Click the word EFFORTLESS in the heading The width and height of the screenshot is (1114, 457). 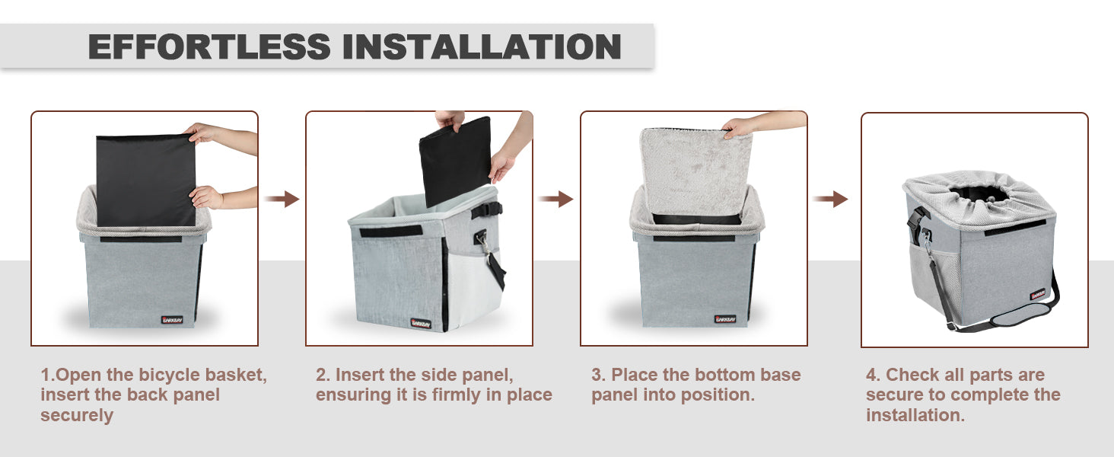point(209,46)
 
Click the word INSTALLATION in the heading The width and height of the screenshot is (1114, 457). point(482,46)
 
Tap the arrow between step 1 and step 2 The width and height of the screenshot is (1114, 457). point(282,199)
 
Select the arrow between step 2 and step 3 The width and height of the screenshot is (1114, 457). point(556,199)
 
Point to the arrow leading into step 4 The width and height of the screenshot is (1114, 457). point(830,199)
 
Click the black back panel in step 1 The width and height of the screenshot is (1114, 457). point(145,181)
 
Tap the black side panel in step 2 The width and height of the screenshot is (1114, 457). point(455,161)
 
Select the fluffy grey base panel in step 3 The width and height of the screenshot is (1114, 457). point(696,171)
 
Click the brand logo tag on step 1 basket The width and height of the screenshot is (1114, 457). point(173,320)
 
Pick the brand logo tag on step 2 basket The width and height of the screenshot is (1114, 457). point(421,324)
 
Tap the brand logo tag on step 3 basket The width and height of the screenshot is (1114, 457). point(725,318)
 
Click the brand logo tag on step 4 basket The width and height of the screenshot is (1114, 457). point(1038,294)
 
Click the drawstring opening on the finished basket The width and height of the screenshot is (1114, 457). point(979,195)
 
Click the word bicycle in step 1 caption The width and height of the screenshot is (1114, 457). point(169,375)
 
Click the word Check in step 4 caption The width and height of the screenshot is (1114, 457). point(908,375)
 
